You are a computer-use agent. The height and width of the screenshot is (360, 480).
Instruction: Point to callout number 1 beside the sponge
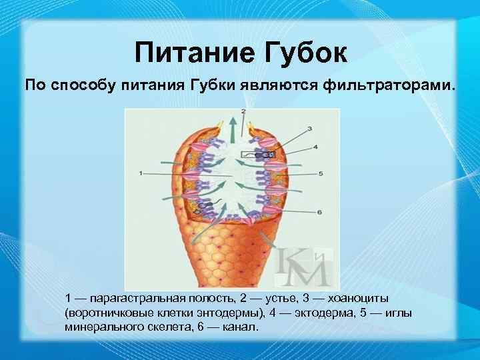coord(140,173)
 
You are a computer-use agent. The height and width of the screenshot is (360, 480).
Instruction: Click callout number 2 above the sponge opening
coord(243,111)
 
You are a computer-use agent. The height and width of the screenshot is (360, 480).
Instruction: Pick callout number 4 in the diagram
coord(315,147)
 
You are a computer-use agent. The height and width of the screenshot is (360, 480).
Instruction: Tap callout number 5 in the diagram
coord(321,173)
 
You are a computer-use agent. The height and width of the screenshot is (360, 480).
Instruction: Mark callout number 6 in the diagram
coord(320,212)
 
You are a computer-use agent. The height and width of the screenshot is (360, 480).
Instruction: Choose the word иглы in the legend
coord(398,312)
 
